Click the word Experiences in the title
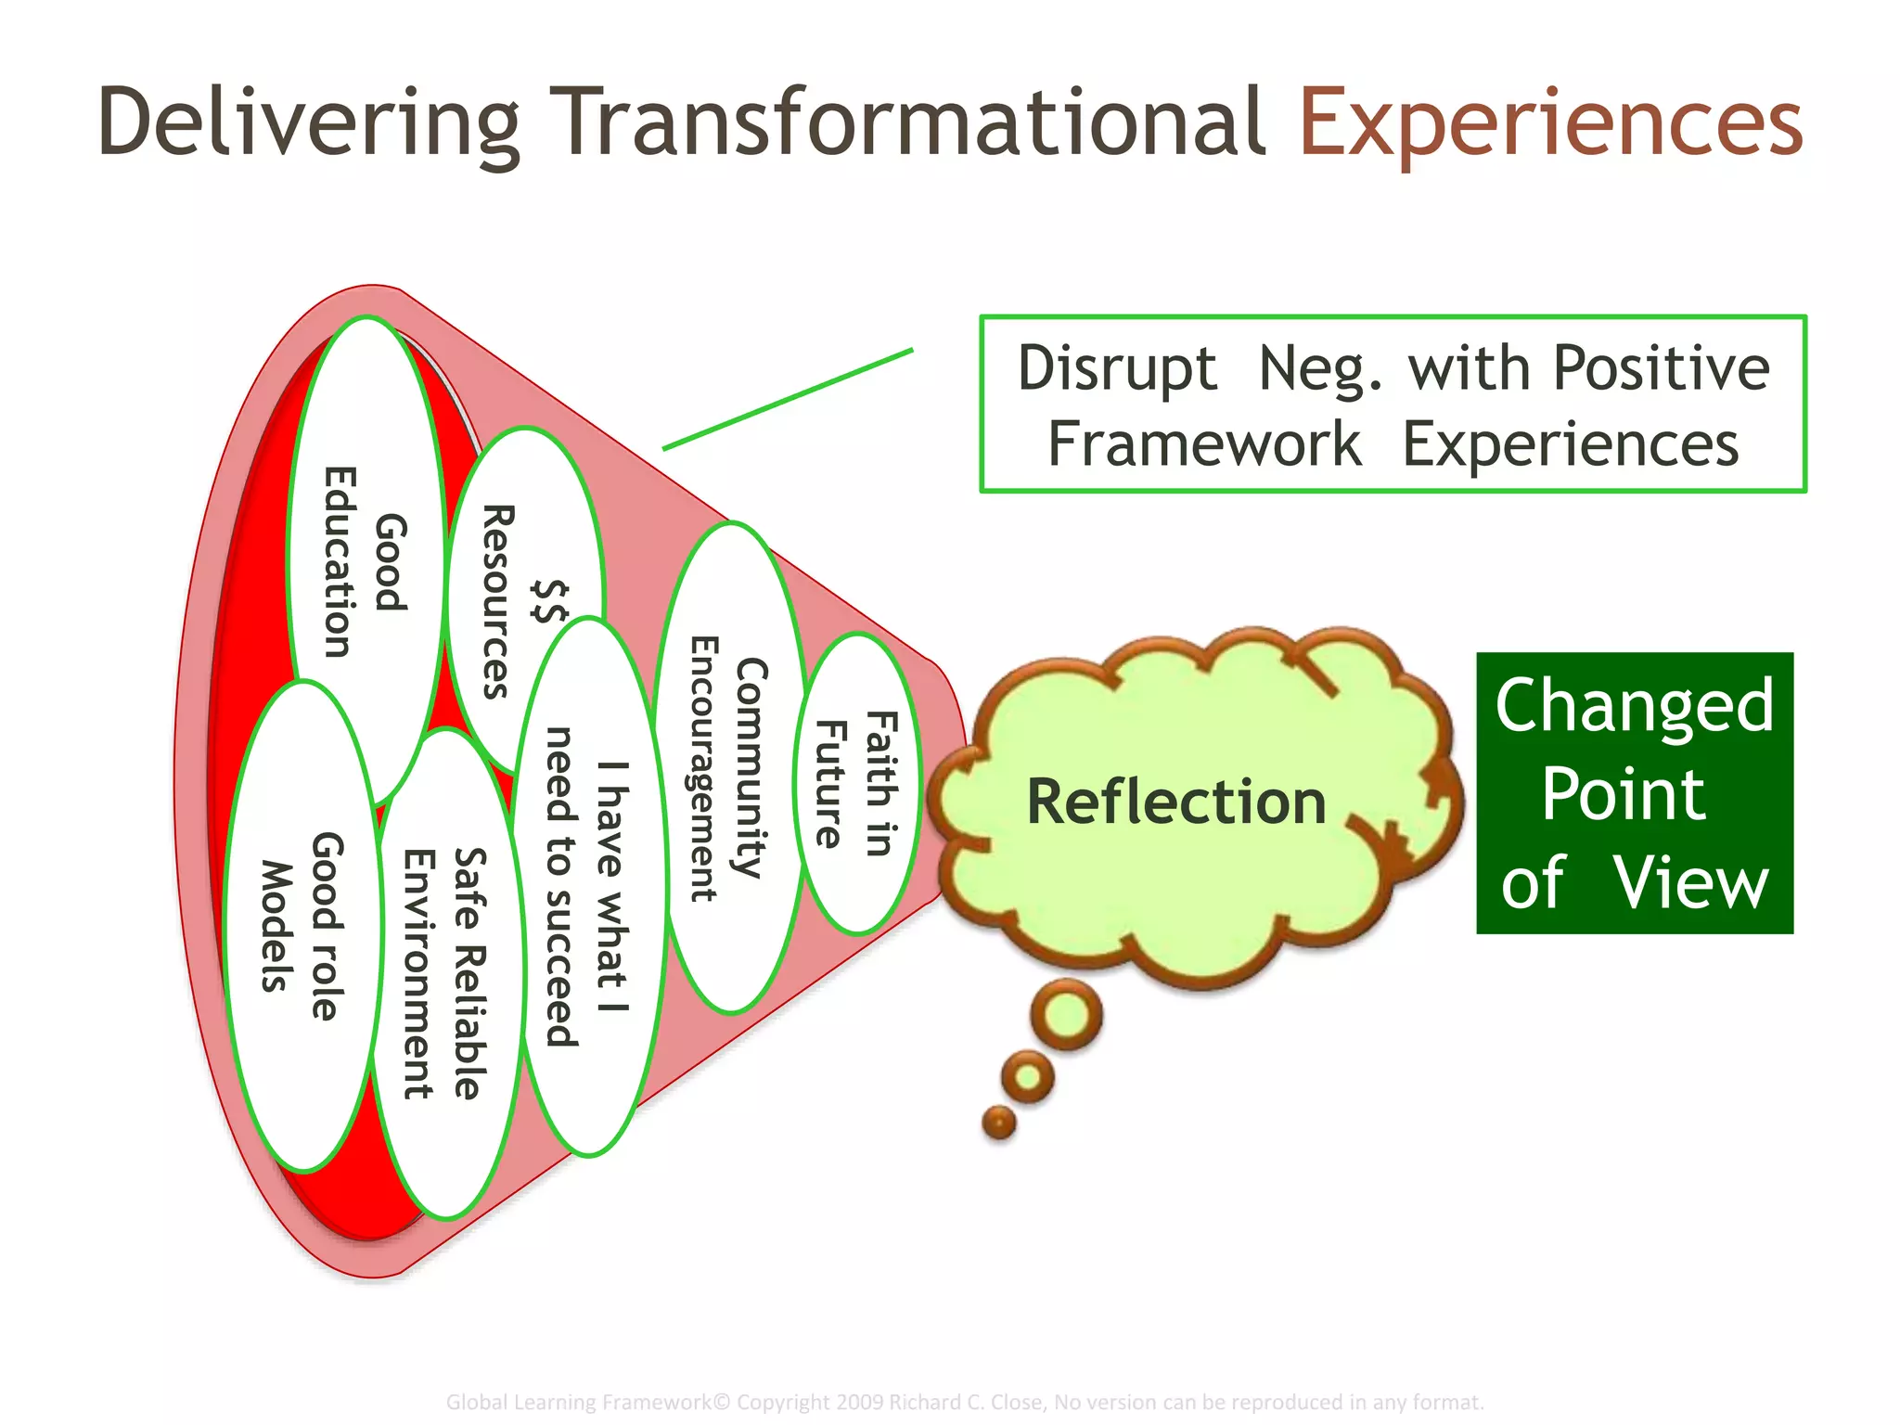(1550, 122)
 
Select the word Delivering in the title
(308, 122)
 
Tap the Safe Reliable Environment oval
(445, 974)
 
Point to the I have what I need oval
(590, 886)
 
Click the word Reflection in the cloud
(1175, 802)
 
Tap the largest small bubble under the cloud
(1067, 1015)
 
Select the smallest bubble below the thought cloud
(998, 1123)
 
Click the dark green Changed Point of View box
(1634, 793)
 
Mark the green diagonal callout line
(789, 399)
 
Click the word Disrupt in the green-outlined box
(1116, 368)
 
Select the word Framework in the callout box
(1203, 444)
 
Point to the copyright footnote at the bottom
(965, 1402)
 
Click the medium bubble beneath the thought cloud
(1027, 1076)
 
